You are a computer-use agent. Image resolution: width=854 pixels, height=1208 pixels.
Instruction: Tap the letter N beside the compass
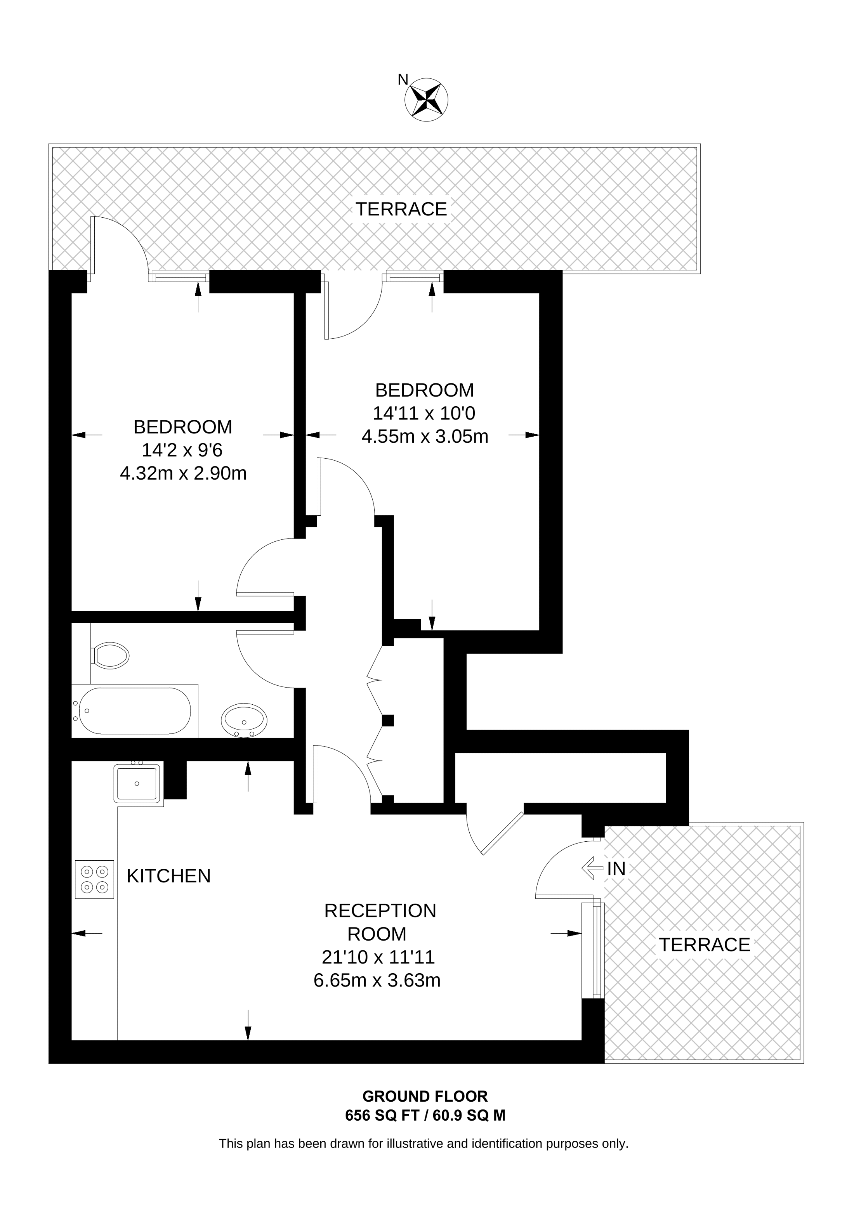tap(403, 80)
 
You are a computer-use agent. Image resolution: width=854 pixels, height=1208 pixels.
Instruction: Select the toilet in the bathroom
tap(109, 655)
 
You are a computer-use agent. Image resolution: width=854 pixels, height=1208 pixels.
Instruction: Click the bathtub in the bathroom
tap(135, 711)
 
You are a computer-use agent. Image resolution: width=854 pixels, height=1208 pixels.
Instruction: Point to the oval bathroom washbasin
tap(244, 721)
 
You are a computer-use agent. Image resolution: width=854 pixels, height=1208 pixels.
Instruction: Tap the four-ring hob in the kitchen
tap(95, 880)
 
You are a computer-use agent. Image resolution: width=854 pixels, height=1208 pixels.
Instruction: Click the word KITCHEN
tap(169, 876)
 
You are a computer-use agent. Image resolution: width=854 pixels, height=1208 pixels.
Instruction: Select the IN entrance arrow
tap(592, 868)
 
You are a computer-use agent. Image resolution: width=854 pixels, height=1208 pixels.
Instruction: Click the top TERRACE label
tap(401, 210)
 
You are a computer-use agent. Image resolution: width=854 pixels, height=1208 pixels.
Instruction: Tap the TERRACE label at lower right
tap(705, 945)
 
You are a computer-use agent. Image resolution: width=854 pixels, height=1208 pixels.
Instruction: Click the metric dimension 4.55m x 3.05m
tap(425, 437)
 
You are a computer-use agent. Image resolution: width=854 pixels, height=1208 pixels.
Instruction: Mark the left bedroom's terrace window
tap(179, 276)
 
